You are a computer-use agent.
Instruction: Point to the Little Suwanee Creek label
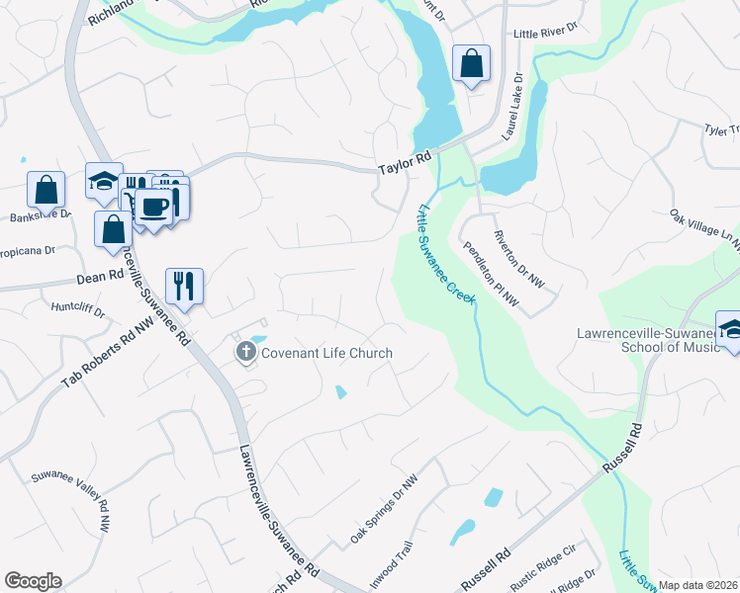[x=446, y=252]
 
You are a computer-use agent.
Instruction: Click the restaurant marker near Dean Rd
[x=184, y=285]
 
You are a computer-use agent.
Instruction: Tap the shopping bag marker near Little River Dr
[x=471, y=63]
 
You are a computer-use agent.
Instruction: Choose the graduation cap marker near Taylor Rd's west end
[x=104, y=180]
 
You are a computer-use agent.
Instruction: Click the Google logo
[x=33, y=581]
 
